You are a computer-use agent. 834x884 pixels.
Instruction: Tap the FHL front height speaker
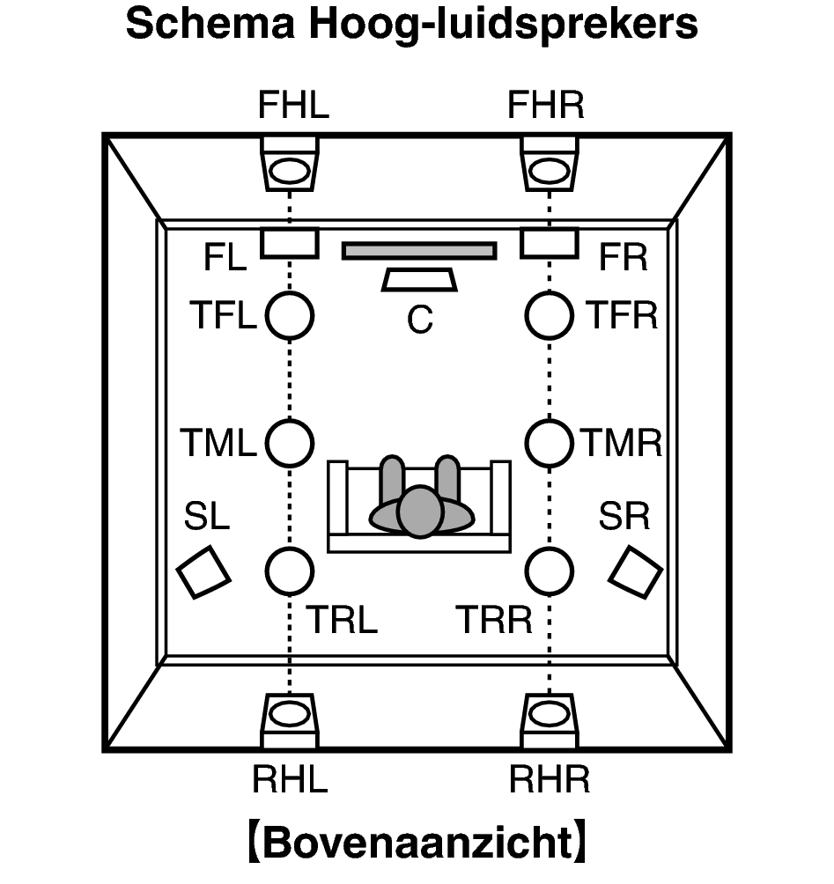(x=289, y=164)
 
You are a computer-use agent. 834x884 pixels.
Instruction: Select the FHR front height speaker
(x=550, y=164)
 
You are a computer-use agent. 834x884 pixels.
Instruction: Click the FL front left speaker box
(x=289, y=243)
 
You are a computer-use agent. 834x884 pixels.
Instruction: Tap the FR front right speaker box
(x=550, y=243)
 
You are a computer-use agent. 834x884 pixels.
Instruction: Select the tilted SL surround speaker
(x=203, y=571)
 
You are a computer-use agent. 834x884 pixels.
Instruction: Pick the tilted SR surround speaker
(x=636, y=571)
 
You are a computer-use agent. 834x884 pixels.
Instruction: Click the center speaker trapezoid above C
(x=419, y=280)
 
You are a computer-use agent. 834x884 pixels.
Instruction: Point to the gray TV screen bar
(x=419, y=251)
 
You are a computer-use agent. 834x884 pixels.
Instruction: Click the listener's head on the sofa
(x=420, y=511)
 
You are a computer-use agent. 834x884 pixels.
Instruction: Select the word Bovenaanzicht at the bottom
(x=418, y=843)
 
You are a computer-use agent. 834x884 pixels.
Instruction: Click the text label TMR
(x=621, y=443)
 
